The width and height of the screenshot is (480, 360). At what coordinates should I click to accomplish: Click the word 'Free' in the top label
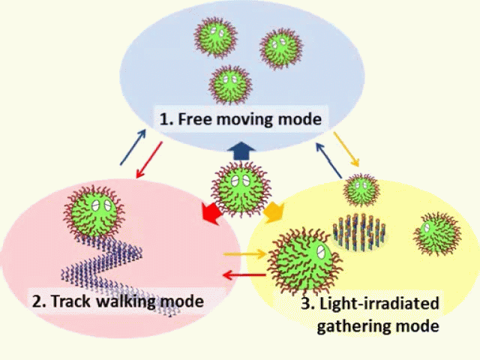(x=195, y=119)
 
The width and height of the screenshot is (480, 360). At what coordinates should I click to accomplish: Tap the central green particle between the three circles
(x=239, y=187)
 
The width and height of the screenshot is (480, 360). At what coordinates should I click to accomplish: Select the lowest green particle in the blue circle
(x=229, y=83)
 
